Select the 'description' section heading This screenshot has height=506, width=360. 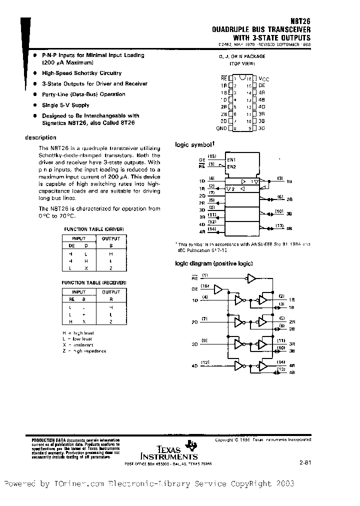40,137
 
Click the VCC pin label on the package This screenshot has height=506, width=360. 263,79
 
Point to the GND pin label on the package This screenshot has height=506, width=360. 221,128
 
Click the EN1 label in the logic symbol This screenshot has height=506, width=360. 231,159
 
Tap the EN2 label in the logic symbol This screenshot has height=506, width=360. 231,166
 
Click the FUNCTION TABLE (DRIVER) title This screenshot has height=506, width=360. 93,229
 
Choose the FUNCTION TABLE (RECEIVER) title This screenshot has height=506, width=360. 93,282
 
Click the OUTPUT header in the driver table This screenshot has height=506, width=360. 111,238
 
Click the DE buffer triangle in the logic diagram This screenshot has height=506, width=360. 218,289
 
